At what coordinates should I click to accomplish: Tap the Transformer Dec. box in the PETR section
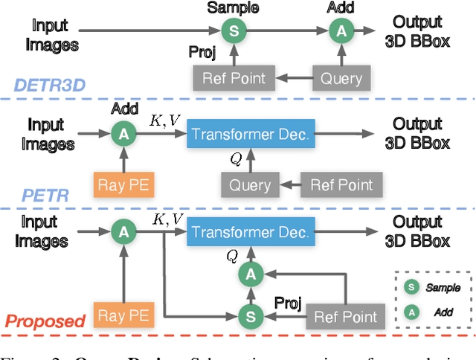[249, 134]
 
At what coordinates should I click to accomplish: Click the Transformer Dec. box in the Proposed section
[249, 232]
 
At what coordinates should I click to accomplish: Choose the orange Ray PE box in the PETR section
[121, 183]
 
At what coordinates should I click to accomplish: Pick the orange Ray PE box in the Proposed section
[121, 315]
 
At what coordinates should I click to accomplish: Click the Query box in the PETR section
[249, 183]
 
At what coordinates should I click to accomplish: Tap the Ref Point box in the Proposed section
[346, 315]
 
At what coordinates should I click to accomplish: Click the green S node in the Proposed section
[251, 316]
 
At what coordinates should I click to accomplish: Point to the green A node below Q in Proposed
[251, 275]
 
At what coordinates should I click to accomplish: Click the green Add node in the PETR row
[121, 134]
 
